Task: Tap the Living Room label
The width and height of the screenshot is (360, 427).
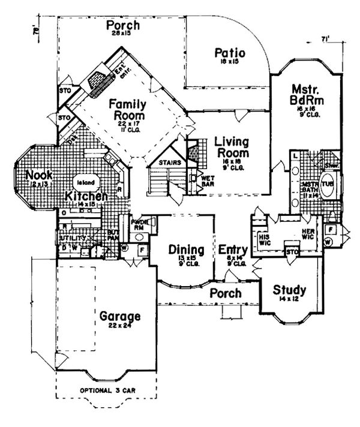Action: click(x=232, y=148)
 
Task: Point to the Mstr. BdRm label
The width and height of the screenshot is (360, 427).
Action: click(x=306, y=94)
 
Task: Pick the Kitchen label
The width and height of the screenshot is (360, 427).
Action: click(x=86, y=196)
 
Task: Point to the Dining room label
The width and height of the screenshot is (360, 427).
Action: click(x=186, y=249)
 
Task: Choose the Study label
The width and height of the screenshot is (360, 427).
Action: click(x=289, y=291)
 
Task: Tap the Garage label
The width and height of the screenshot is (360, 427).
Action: click(x=120, y=316)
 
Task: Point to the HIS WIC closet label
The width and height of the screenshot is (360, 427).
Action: click(x=265, y=239)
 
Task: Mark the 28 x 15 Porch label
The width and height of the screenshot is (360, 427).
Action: click(x=123, y=27)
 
